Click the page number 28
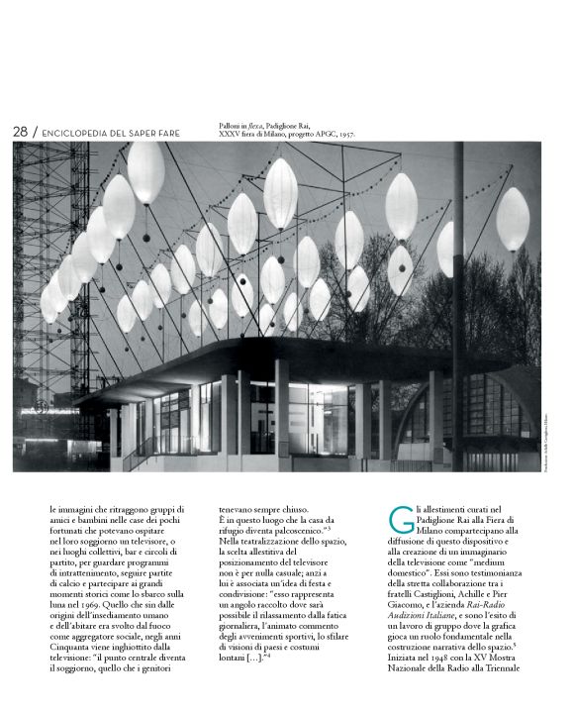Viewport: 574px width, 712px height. (20, 132)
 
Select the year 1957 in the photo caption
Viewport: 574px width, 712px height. (344, 134)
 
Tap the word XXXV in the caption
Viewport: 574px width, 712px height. (232, 134)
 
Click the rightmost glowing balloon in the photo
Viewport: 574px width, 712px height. (512, 220)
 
